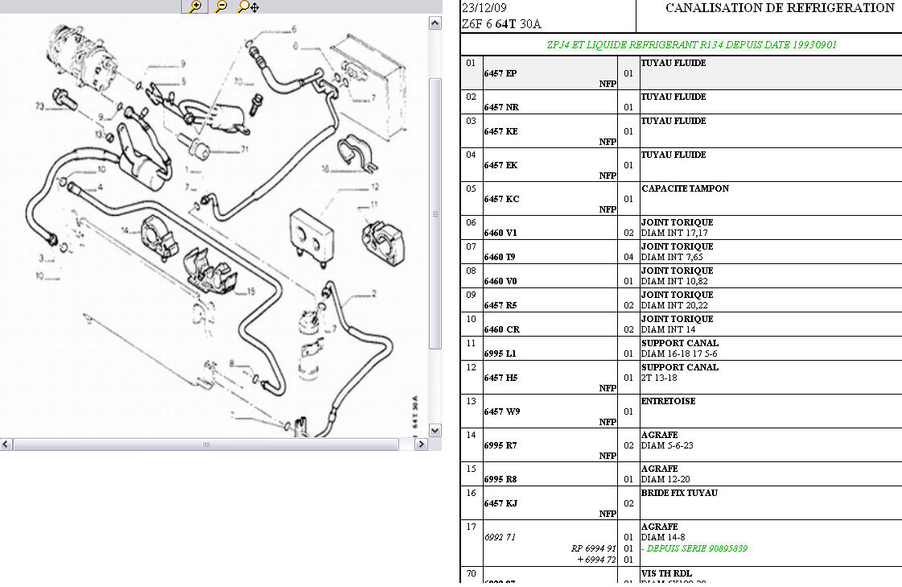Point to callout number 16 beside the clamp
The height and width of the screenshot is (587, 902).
click(325, 170)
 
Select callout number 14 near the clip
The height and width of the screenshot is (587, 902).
click(125, 230)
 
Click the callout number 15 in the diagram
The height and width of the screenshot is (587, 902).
click(251, 291)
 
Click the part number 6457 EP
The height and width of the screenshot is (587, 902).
click(500, 73)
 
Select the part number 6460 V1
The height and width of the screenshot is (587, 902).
click(500, 233)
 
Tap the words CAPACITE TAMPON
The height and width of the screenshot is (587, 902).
click(685, 188)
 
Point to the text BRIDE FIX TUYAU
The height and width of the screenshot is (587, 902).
click(679, 493)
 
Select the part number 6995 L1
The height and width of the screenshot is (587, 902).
click(500, 353)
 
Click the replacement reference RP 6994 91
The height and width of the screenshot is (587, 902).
click(594, 548)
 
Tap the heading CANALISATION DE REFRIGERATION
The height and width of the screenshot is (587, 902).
click(780, 8)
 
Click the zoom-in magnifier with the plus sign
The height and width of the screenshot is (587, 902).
click(195, 6)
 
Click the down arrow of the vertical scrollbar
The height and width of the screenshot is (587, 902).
click(435, 430)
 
